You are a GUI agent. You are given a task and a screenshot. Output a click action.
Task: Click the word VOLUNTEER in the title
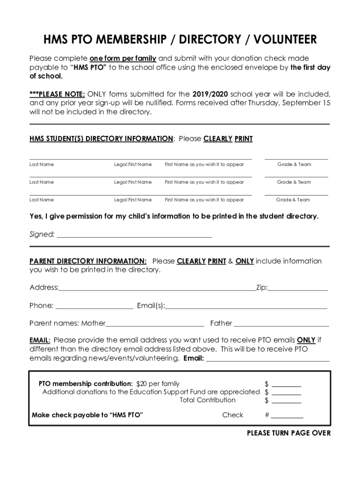pos(280,40)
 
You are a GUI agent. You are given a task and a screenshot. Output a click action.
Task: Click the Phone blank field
pos(94,307)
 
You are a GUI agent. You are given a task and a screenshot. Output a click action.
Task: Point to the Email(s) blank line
pos(246,307)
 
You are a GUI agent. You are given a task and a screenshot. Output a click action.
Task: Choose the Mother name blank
pos(155,325)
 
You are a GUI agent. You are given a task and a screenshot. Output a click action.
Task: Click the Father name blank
pos(281,325)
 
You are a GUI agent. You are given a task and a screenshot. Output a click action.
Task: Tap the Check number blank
pos(287,416)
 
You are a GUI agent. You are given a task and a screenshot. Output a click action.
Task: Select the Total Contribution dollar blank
pos(287,402)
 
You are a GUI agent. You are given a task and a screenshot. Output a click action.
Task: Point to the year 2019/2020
pos(210,93)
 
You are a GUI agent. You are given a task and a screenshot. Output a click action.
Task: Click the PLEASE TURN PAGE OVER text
pos(288,433)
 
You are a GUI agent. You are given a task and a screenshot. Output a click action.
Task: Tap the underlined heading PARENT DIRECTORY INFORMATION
pos(88,261)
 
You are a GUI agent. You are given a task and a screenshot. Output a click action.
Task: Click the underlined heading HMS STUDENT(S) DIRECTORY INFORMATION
pos(101,139)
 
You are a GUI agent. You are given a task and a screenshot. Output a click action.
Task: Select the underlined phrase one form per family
pos(123,59)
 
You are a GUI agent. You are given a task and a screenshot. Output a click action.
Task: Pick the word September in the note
pos(301,103)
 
